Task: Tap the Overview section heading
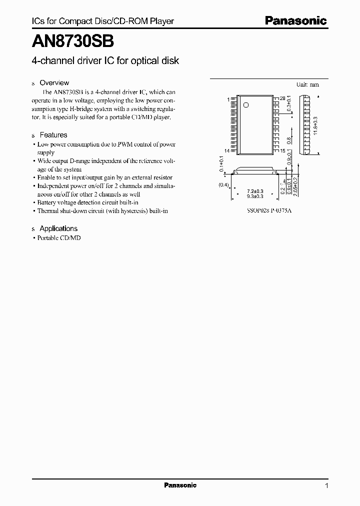click(x=54, y=83)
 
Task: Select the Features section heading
click(x=53, y=135)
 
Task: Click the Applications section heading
click(x=58, y=228)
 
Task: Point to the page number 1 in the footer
click(x=326, y=485)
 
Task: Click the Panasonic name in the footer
click(x=180, y=485)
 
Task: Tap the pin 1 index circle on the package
click(x=245, y=105)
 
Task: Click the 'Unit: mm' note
click(x=307, y=84)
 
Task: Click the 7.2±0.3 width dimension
click(x=255, y=191)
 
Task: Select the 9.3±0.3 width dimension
click(x=255, y=197)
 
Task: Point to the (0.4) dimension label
click(x=223, y=185)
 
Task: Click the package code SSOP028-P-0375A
click(x=269, y=210)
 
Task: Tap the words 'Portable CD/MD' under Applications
click(x=59, y=238)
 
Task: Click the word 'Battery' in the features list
click(x=48, y=202)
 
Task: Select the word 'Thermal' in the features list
click(x=49, y=211)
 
